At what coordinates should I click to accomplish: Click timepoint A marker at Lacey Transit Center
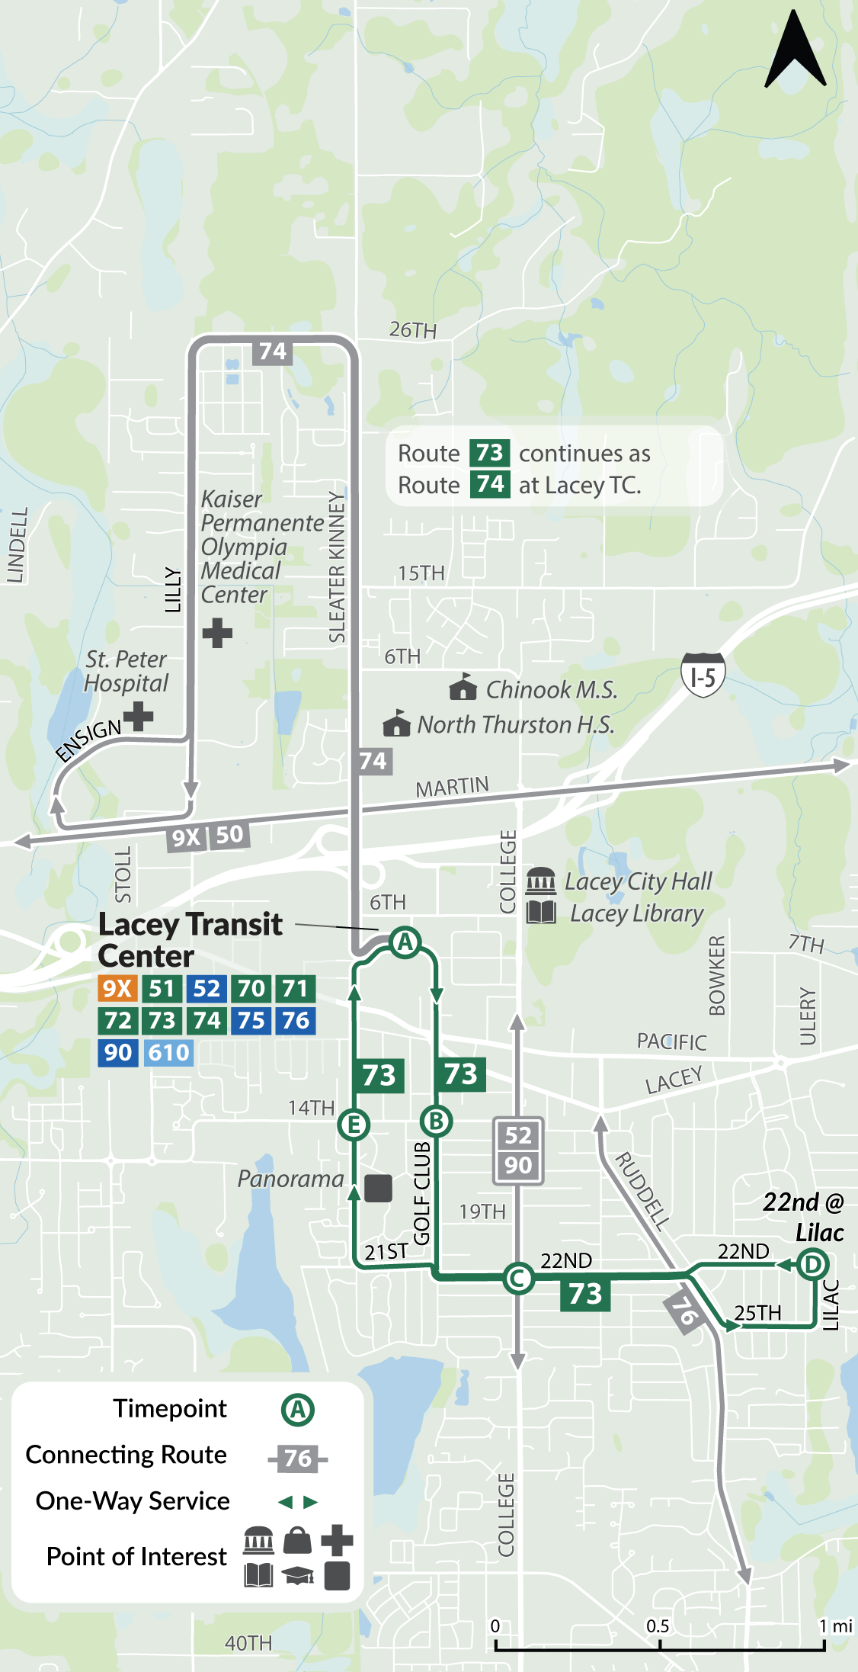point(405,942)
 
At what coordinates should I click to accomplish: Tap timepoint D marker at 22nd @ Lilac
point(812,1264)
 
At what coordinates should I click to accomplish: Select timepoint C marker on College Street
point(518,1278)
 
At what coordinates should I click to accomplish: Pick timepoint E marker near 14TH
point(354,1125)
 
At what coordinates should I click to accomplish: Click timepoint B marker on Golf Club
point(437,1121)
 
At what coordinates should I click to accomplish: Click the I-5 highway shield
point(703,676)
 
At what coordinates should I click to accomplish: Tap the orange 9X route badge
point(117,989)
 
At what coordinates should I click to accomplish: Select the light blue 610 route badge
point(168,1053)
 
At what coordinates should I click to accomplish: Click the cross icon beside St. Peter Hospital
point(139,716)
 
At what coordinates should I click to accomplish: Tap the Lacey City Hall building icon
point(541,881)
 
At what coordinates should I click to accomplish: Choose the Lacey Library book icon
point(541,912)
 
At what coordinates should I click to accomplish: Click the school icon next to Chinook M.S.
point(463,687)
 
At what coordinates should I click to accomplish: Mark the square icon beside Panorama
point(378,1187)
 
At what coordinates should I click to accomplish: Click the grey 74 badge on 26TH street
point(273,351)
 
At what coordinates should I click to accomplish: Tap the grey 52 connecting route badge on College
point(518,1135)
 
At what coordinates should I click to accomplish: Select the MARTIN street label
point(452,786)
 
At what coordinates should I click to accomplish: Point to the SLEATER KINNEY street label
point(337,567)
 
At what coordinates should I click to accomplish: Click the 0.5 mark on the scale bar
point(658,1626)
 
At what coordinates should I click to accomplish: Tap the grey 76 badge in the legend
point(298,1459)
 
